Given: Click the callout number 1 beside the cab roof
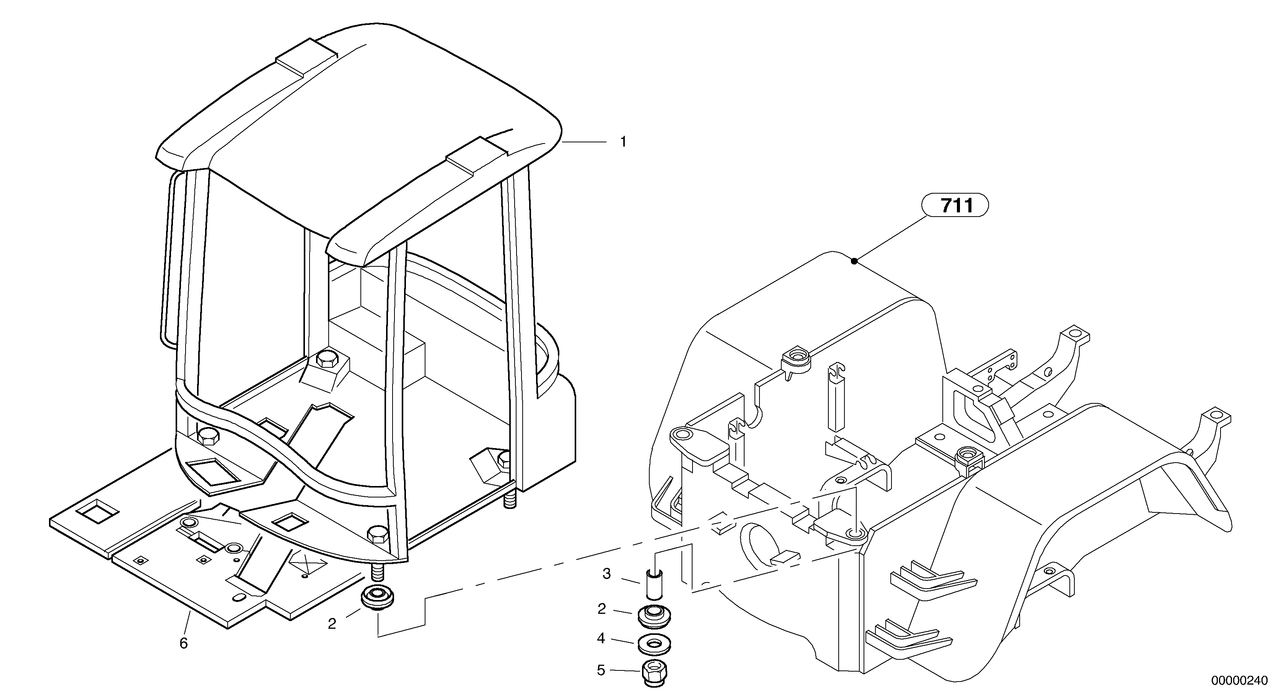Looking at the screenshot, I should click(x=623, y=142).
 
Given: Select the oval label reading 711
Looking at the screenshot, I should click(x=955, y=205).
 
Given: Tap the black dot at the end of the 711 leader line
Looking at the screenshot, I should click(x=854, y=261).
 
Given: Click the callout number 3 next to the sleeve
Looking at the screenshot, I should click(x=607, y=574).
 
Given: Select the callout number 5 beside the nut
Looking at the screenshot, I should click(x=601, y=671).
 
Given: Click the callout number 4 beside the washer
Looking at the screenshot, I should click(x=601, y=639).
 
